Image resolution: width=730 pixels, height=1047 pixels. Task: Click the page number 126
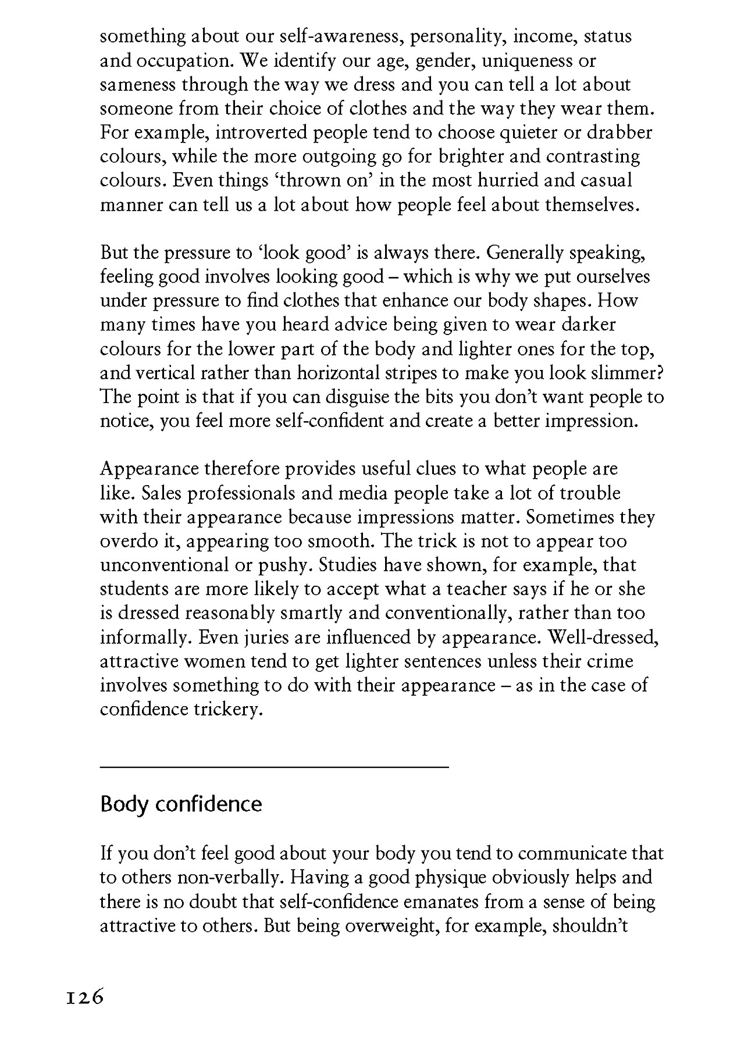click(x=84, y=998)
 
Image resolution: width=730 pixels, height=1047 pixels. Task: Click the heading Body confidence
click(x=181, y=804)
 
